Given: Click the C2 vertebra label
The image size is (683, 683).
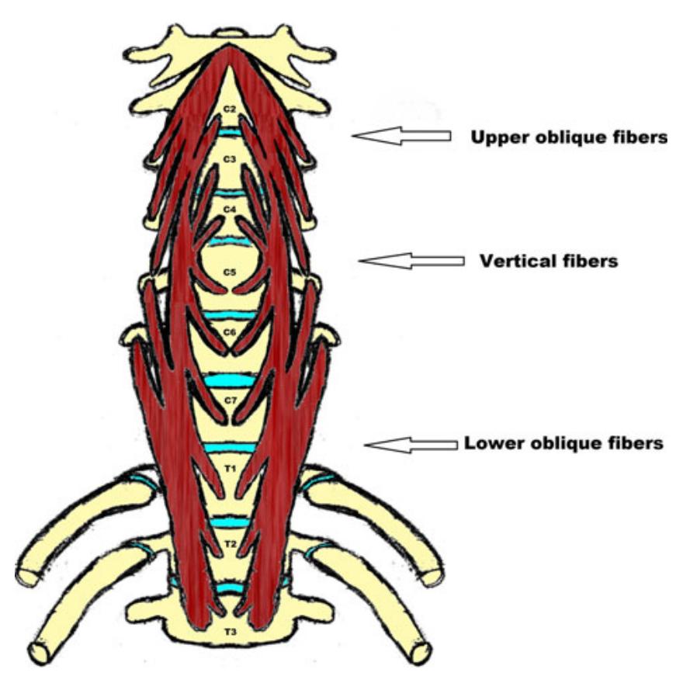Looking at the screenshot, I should [x=229, y=109].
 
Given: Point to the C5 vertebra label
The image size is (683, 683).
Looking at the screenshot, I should [x=229, y=272].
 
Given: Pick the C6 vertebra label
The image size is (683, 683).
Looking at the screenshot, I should [x=230, y=332].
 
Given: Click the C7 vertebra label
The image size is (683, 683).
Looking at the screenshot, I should [x=230, y=400].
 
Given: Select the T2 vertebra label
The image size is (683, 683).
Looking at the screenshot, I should [x=230, y=544].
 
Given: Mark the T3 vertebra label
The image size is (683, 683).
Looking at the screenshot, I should [x=230, y=633].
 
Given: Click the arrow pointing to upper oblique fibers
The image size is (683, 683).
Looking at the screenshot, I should [x=401, y=137].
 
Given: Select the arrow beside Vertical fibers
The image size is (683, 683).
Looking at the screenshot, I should [x=411, y=262].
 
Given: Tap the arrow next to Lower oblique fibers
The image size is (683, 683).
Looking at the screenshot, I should [x=411, y=445].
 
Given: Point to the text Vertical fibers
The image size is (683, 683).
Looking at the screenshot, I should [x=549, y=262].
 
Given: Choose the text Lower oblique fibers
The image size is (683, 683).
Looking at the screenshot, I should [x=563, y=444].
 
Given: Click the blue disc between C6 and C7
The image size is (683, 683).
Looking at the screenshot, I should [x=230, y=381].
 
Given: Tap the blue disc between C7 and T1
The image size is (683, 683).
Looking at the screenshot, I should [x=230, y=448].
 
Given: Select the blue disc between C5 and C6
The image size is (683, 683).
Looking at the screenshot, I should [x=230, y=315].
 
